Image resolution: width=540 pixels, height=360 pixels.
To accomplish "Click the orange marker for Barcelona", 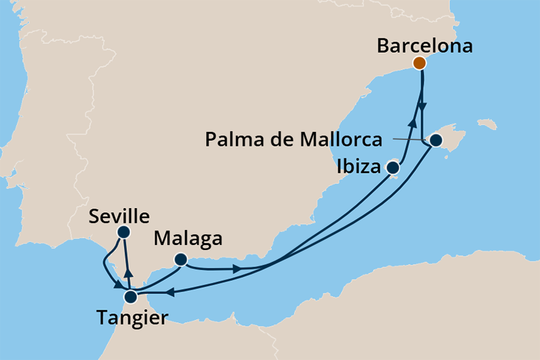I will pos(419,63).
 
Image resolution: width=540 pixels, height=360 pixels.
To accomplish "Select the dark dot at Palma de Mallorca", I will pos(435,140).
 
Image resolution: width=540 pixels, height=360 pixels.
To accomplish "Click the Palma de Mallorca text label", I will pos(294,139).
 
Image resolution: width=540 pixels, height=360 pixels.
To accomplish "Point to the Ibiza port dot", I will pos(393,168).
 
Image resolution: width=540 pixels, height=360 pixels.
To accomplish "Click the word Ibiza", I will pos(358,168).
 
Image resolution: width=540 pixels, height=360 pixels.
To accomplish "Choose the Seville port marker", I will pos(123,232).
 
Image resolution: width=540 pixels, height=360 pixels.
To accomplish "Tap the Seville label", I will pos(119,216).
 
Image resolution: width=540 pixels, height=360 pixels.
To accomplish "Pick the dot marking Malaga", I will pos(180,259).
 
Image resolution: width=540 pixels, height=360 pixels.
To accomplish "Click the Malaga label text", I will pos(189,239).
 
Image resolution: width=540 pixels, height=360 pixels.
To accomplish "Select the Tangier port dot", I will pos(131,297).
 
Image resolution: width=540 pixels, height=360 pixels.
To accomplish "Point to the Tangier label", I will pos(132,317).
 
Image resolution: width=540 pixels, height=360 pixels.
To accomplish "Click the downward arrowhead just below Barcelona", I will pos(423,106).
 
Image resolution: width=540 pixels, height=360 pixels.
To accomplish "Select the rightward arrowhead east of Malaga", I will pos(238,270).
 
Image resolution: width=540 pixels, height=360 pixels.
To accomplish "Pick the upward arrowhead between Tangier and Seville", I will pos(129,273).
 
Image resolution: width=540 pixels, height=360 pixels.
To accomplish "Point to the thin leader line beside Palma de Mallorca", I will pos(409,138).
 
